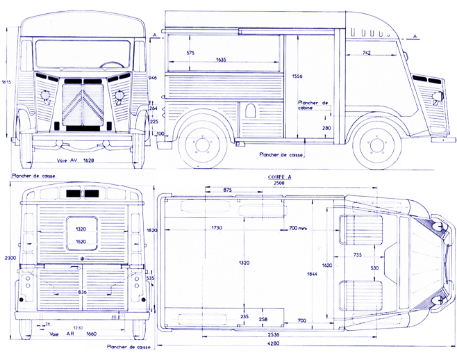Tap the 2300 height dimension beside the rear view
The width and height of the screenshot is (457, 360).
[x=6, y=257]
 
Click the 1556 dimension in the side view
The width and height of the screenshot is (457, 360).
[x=297, y=76]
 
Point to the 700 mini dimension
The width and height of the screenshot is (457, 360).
[x=297, y=229]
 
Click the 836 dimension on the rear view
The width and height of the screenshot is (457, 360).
[x=83, y=293]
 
